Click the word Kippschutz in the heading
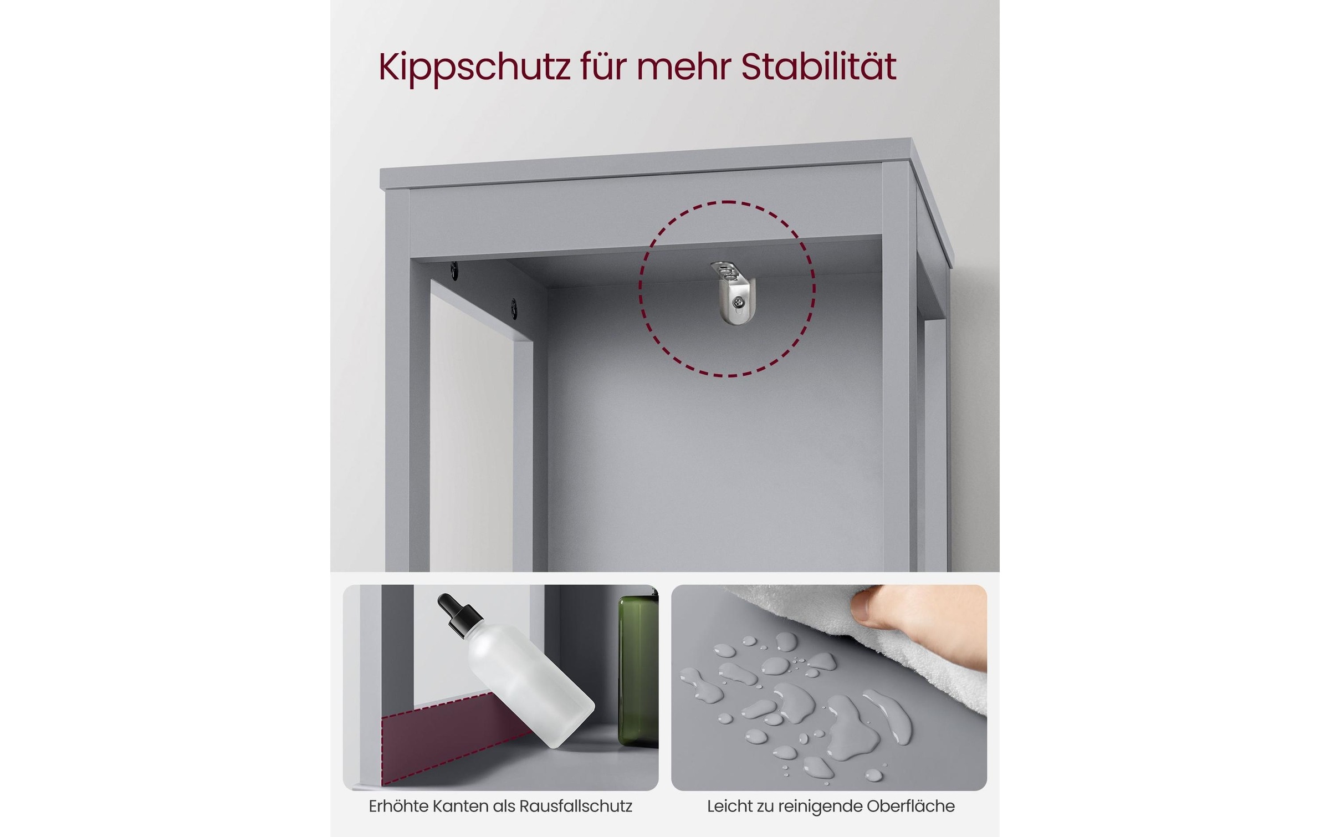click(x=474, y=68)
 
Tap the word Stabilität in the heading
click(x=819, y=68)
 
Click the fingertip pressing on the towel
click(x=865, y=610)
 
